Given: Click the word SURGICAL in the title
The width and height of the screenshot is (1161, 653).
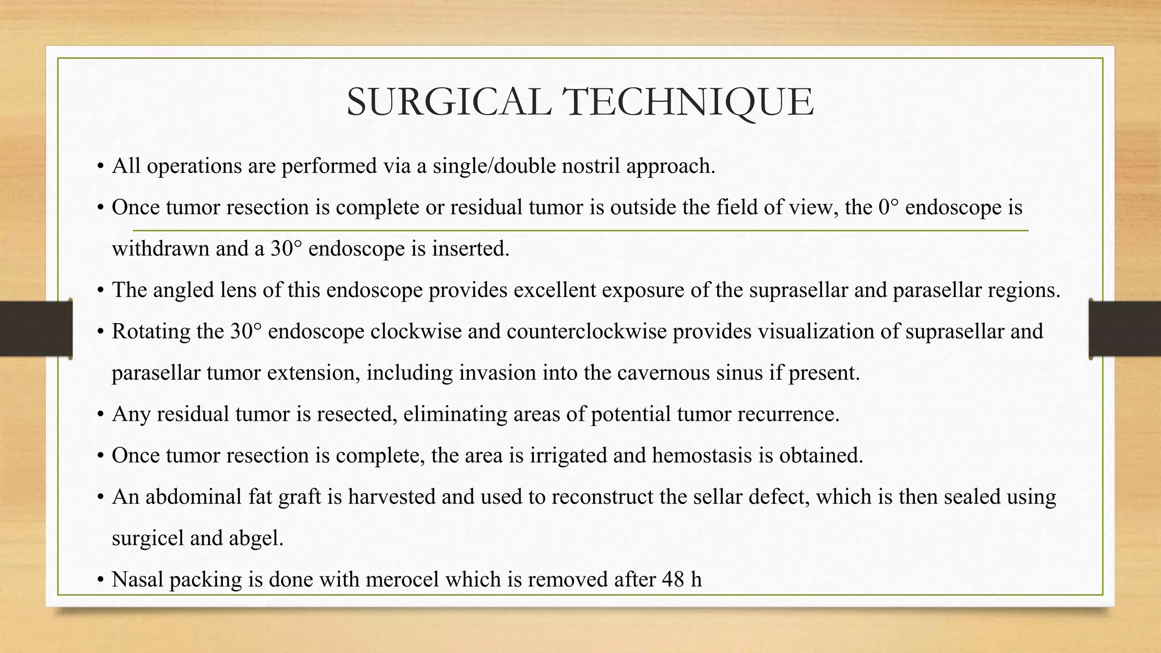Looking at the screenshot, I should (x=448, y=103).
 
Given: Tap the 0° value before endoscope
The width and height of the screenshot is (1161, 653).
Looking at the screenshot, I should (x=888, y=207).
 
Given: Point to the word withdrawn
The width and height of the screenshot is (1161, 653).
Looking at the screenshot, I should (x=160, y=249).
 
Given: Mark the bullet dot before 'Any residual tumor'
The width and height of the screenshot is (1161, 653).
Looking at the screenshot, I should (x=100, y=415).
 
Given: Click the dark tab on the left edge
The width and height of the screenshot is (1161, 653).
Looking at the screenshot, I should (x=36, y=329).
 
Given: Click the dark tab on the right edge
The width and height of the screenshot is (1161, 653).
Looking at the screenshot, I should (x=1125, y=329).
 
